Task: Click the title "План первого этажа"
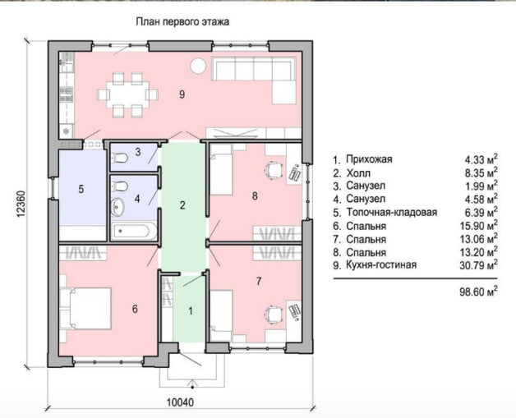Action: click(182, 22)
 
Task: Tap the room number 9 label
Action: click(182, 94)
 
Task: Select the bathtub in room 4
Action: click(134, 231)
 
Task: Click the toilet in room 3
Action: click(120, 158)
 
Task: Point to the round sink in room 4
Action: click(117, 207)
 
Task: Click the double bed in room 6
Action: click(86, 309)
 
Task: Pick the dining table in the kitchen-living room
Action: click(127, 94)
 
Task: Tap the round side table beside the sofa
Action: click(199, 66)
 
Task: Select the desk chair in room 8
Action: click(274, 170)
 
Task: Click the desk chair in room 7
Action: click(274, 315)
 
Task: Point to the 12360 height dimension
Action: click(20, 204)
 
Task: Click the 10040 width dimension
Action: click(180, 402)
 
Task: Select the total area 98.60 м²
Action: click(478, 291)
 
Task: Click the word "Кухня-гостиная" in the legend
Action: click(381, 264)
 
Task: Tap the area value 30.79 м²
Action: click(478, 264)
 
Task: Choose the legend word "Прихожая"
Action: click(369, 159)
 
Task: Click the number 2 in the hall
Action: click(182, 205)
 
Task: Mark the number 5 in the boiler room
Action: click(81, 189)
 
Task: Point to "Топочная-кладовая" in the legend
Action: click(391, 213)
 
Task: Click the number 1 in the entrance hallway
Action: click(190, 310)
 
